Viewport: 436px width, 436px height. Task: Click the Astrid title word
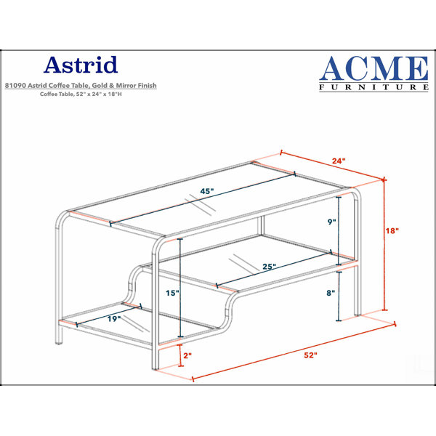point(81,65)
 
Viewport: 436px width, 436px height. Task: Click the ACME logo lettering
point(374,68)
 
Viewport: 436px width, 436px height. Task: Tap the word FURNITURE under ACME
point(374,87)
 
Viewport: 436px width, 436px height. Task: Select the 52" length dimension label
point(310,355)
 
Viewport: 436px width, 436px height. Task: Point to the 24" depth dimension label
point(339,161)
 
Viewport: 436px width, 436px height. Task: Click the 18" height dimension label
point(392,230)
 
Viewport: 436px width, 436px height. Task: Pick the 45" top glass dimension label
point(207,191)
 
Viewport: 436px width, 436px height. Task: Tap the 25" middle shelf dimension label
point(269,267)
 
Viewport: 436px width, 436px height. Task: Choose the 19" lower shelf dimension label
point(114,319)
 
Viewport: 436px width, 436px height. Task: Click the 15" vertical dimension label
point(173,293)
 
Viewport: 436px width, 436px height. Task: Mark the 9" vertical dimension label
point(332,222)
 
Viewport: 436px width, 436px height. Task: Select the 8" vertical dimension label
point(331,293)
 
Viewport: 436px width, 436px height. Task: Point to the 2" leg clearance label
point(187,355)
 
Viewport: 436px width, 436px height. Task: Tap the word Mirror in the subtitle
point(126,86)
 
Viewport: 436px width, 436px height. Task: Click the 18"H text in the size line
point(115,94)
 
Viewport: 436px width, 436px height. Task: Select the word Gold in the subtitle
point(100,86)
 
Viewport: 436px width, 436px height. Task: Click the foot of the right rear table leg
point(358,315)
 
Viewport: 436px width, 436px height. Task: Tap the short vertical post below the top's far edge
point(261,225)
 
